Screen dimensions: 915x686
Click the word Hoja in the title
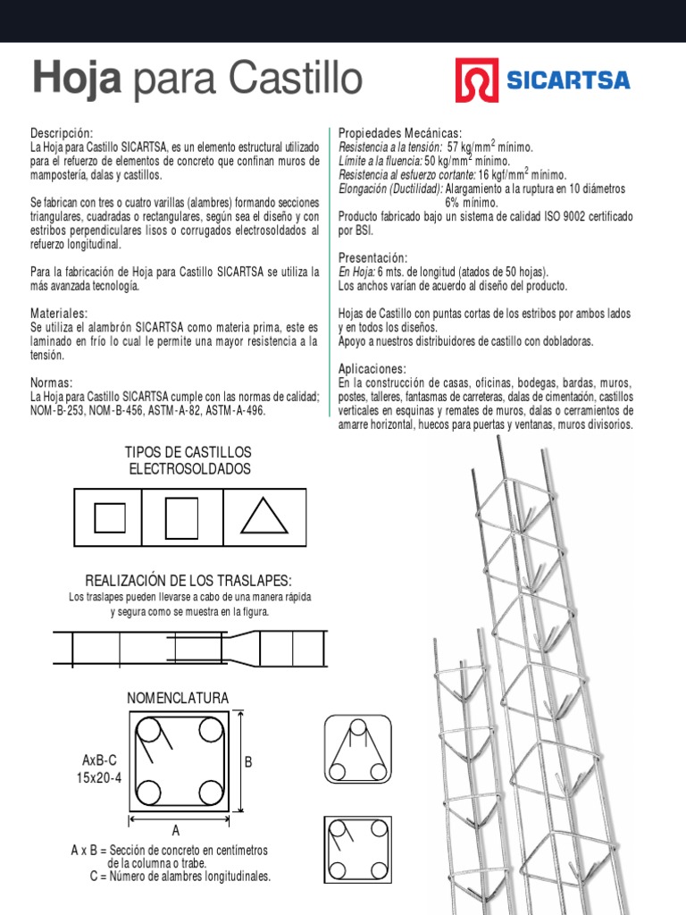(x=77, y=80)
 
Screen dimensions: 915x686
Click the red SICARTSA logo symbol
(x=476, y=81)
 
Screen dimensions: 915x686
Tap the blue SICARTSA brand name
(x=568, y=81)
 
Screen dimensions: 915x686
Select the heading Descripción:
(x=62, y=132)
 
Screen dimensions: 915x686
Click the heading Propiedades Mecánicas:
(x=400, y=132)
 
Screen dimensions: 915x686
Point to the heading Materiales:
(x=59, y=314)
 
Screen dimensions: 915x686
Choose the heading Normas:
(x=52, y=382)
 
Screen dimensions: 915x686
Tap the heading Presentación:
(x=373, y=257)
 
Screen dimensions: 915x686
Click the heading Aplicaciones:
(x=372, y=369)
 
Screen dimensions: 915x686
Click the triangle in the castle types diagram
(x=264, y=517)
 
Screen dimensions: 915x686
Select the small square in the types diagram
(x=110, y=517)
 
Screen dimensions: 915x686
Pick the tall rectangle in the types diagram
(x=181, y=517)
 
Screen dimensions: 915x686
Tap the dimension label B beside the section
(x=248, y=761)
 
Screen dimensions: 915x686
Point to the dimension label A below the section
(x=176, y=831)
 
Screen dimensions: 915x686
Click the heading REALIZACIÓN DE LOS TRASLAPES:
(x=188, y=580)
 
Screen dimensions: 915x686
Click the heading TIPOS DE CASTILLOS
(x=188, y=452)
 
